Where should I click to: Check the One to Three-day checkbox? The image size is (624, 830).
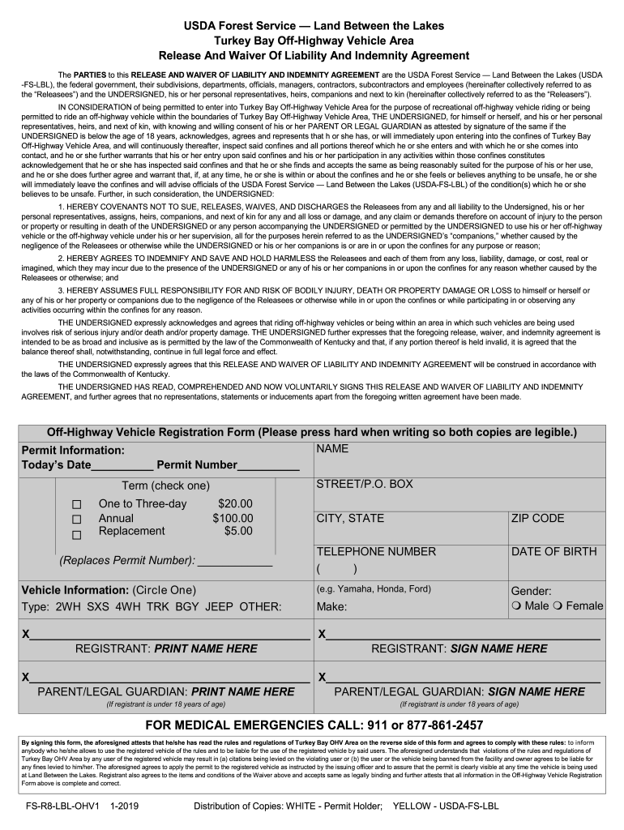[x=77, y=505]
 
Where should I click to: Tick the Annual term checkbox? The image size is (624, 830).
[x=77, y=519]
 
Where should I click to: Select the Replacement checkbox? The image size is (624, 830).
[x=77, y=534]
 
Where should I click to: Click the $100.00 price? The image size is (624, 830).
[x=233, y=518]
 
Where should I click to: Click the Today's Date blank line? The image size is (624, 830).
[x=122, y=466]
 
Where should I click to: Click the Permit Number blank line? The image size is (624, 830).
[x=268, y=466]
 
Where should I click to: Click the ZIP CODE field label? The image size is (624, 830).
[x=537, y=518]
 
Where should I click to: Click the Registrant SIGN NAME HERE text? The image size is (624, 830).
[x=498, y=648]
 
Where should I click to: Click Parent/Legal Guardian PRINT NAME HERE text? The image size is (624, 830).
[x=244, y=691]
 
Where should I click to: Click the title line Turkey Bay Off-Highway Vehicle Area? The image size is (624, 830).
[x=314, y=41]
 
